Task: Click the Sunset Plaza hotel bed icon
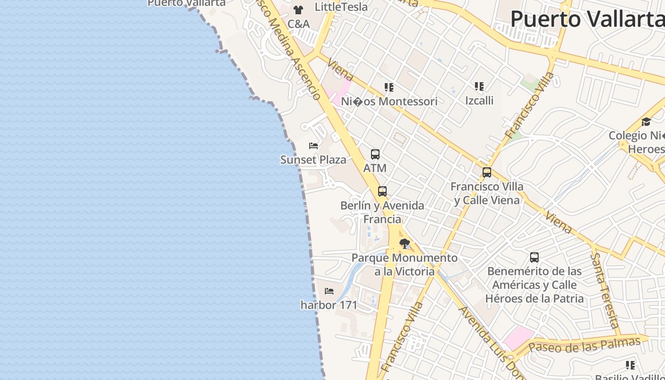tap(313, 145)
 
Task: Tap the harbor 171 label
tap(329, 304)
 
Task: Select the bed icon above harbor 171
tap(329, 291)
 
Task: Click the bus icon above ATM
tap(375, 154)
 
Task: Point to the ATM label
tap(375, 168)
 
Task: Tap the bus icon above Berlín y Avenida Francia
tap(382, 191)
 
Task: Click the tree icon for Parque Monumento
tap(405, 244)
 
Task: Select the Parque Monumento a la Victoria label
tap(405, 265)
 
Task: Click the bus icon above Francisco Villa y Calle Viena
tap(487, 172)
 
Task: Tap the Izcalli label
tap(479, 100)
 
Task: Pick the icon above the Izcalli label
tap(479, 86)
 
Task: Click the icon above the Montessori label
tap(389, 87)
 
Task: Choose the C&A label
tap(298, 24)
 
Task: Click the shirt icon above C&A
tap(298, 9)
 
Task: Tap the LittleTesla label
tap(341, 7)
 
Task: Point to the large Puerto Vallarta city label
tap(587, 19)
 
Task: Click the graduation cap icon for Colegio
tap(646, 122)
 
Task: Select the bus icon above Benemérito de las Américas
tap(534, 257)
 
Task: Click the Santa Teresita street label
tap(605, 290)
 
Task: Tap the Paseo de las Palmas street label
tap(584, 345)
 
